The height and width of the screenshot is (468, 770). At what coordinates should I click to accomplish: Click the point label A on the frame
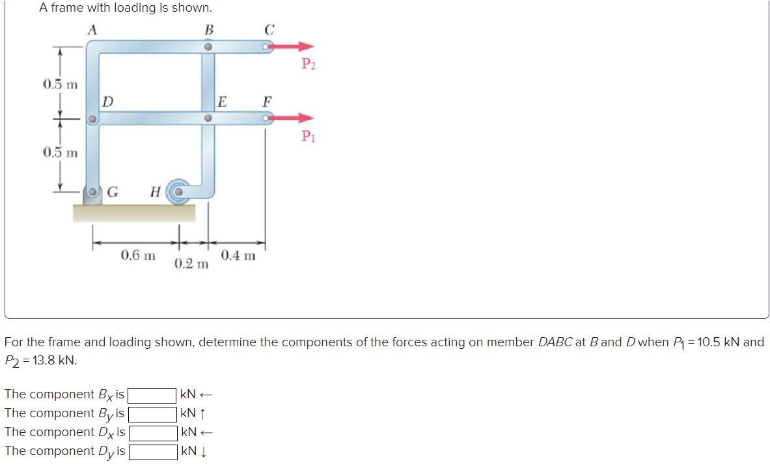tap(93, 29)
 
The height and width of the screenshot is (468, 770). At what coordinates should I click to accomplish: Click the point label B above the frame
tap(208, 29)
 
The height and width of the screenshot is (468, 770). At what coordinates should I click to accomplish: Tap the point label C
tap(269, 29)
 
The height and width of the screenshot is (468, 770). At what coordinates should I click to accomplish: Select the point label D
tap(108, 102)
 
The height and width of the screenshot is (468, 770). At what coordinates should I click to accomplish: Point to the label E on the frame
tap(222, 102)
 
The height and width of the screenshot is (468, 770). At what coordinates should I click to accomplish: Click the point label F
tap(267, 102)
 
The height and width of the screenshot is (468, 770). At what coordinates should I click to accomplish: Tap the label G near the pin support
tap(113, 192)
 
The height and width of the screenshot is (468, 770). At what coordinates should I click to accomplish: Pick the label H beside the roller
tap(155, 192)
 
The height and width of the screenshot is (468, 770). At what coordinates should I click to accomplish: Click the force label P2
tap(309, 64)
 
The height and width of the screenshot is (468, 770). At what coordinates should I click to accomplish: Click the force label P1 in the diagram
tap(309, 136)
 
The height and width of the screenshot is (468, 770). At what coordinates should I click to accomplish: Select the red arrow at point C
tap(292, 47)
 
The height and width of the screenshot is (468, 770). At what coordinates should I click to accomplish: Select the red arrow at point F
tap(292, 118)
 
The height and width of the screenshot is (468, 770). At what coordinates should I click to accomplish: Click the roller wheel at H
tap(176, 192)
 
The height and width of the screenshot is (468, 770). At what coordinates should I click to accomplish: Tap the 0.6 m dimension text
tap(139, 255)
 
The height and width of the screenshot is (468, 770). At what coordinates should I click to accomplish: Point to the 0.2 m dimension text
tap(191, 264)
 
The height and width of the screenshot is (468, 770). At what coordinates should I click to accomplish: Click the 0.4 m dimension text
tap(238, 255)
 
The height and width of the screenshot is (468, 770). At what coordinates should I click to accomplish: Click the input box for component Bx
tap(152, 395)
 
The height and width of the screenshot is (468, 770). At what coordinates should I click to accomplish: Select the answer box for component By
tap(152, 414)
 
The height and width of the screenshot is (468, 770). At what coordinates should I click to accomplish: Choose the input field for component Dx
tap(152, 433)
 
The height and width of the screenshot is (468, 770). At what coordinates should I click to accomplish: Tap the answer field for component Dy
tap(152, 452)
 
